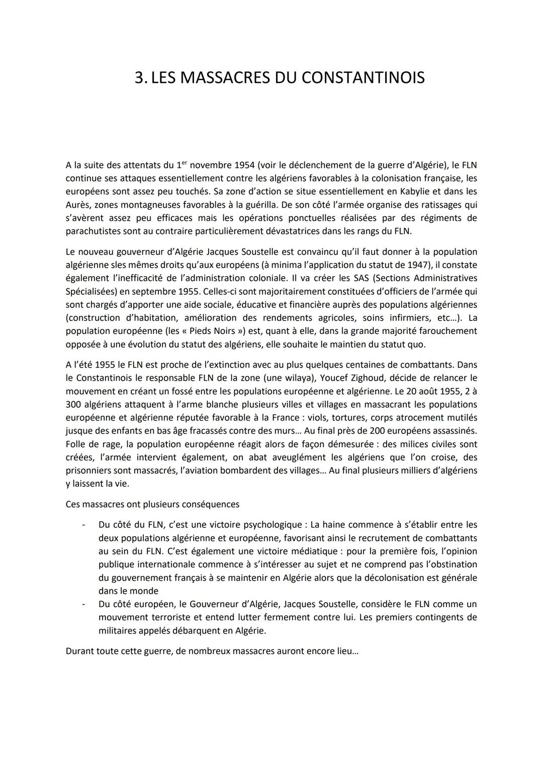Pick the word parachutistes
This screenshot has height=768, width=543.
coord(94,231)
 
